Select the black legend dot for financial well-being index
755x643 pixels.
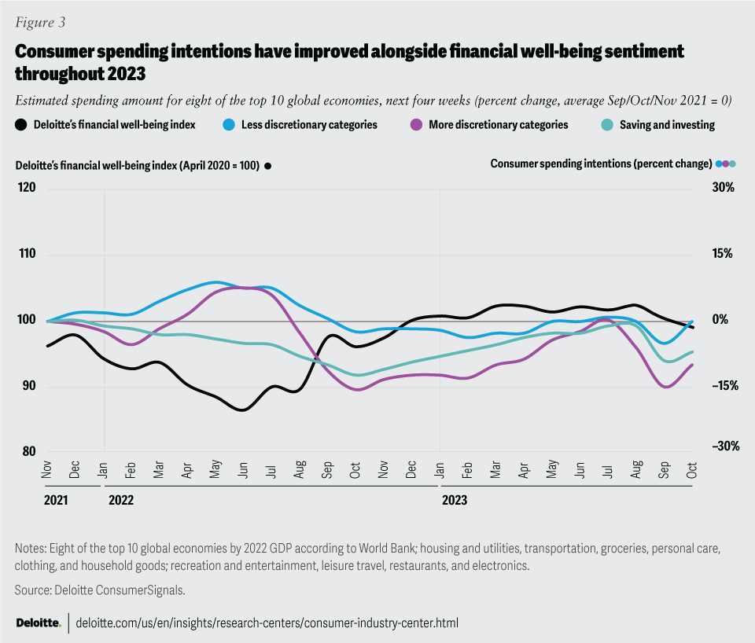(21, 124)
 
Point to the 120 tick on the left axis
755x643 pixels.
(27, 189)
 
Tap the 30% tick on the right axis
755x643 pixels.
(723, 189)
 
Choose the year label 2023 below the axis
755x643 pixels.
(455, 498)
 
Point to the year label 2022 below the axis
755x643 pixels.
(121, 498)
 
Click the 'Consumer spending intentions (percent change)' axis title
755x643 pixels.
(601, 164)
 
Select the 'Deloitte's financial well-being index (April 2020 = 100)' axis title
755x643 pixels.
(138, 166)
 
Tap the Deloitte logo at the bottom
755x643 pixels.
(39, 623)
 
